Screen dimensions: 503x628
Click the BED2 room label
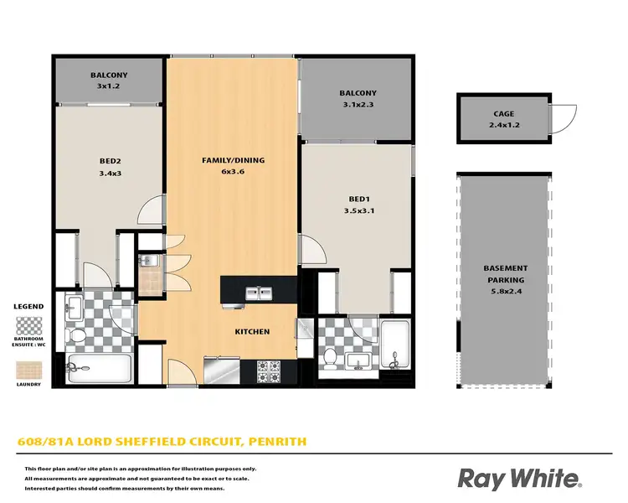[108, 160]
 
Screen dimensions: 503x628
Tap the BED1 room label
[358, 199]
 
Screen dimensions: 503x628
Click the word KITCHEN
[252, 332]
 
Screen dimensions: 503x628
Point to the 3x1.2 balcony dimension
[108, 86]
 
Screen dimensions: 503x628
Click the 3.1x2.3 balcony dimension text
[358, 105]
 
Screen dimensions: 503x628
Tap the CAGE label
[504, 114]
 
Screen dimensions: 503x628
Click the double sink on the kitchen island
[258, 293]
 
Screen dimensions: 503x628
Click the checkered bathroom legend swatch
[29, 327]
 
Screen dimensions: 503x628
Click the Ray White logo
[519, 479]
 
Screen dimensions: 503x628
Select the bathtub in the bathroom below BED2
[99, 366]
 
